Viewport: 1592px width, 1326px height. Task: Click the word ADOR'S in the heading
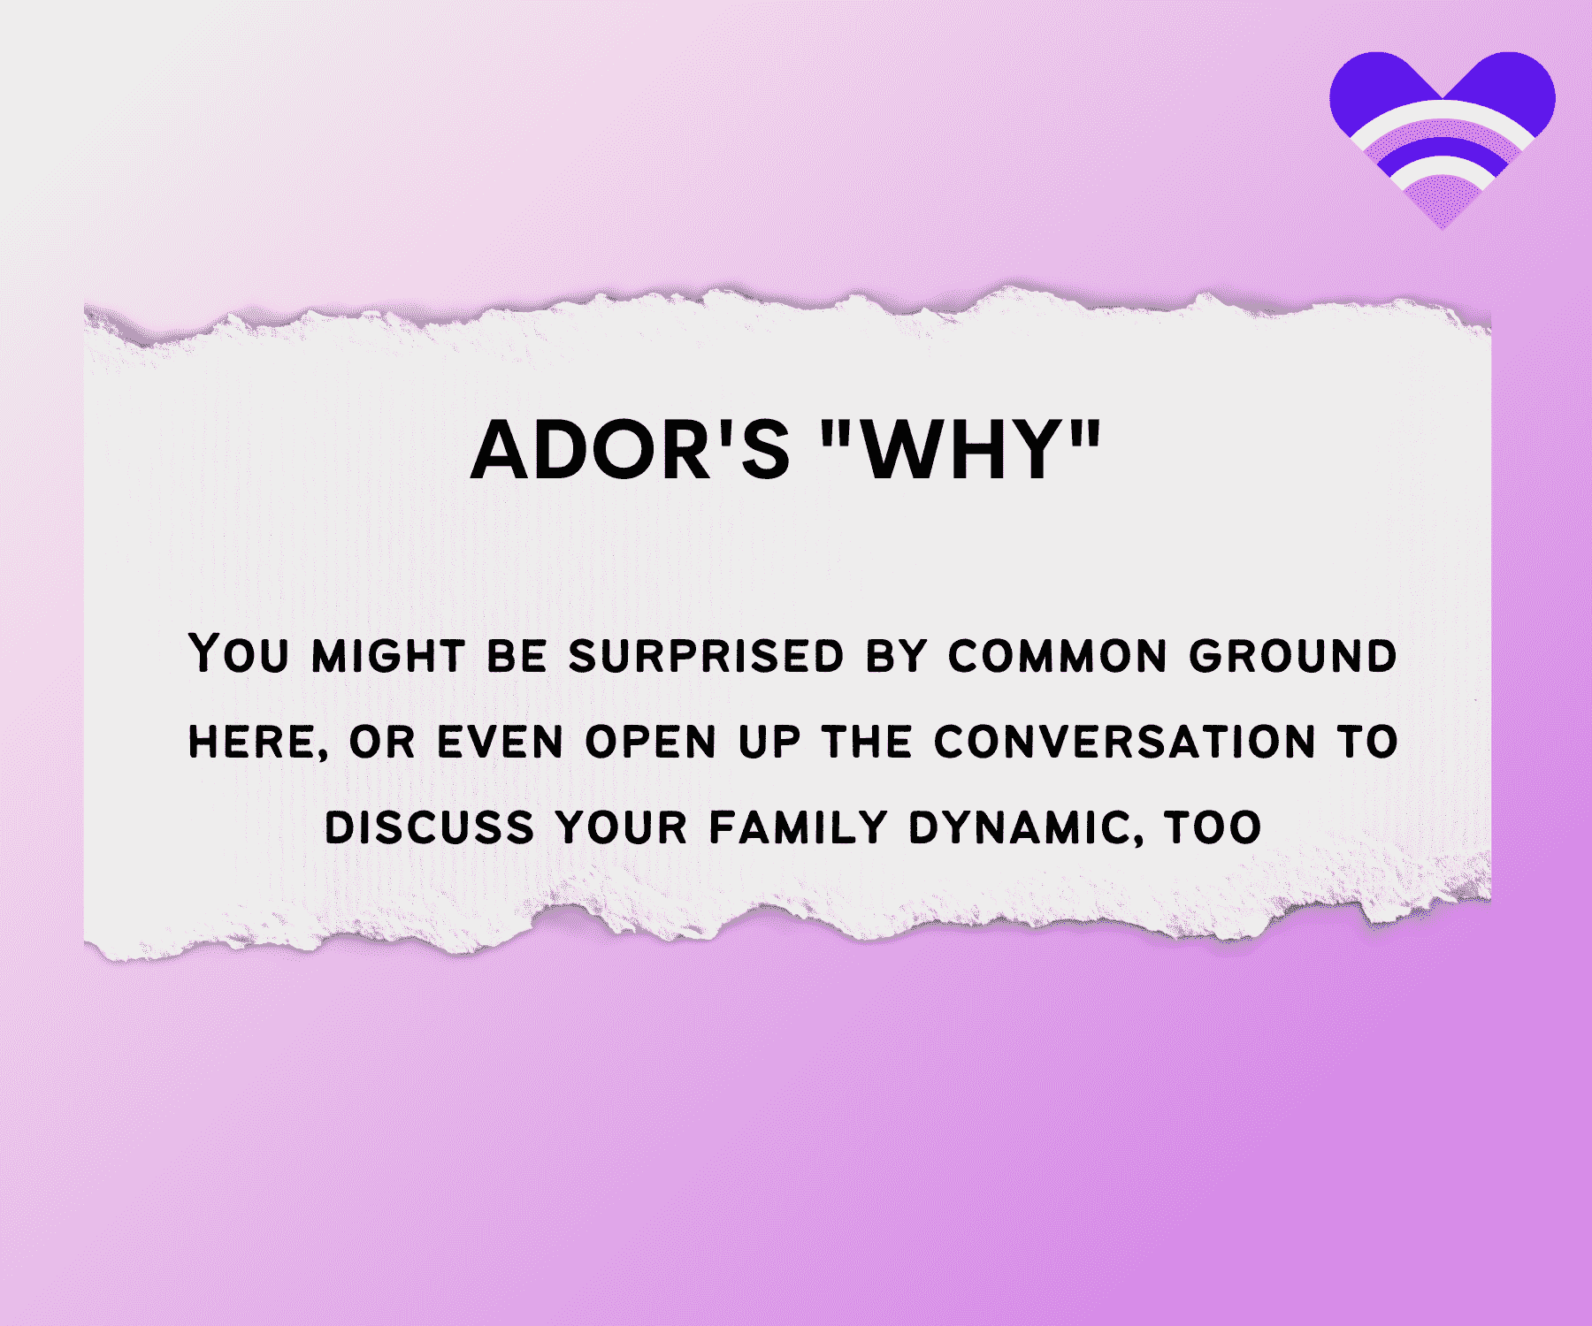tap(631, 450)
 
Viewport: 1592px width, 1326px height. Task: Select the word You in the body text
tap(239, 654)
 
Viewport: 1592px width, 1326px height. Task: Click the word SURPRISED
tap(706, 656)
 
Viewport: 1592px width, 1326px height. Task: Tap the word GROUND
tap(1293, 656)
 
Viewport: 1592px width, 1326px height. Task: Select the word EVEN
tap(501, 742)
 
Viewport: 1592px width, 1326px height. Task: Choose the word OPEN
tap(651, 742)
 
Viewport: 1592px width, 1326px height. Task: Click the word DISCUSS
tap(430, 827)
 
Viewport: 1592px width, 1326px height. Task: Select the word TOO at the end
tap(1213, 827)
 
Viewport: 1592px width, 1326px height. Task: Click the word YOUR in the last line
tap(622, 827)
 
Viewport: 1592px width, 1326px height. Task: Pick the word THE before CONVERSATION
tap(867, 742)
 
